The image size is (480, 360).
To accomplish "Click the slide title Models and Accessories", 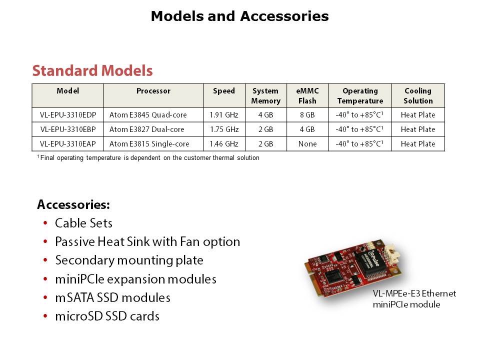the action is [239, 16].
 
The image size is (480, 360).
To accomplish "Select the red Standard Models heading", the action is [92, 70].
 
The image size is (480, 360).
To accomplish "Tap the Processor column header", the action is [153, 91].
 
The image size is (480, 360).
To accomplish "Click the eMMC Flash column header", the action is [307, 96].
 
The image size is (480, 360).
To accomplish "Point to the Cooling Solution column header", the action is [418, 96].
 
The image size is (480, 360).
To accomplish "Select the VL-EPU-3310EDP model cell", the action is [68, 115].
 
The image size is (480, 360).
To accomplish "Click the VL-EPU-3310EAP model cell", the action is [68, 144].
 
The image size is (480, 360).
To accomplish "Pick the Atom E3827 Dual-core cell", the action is [147, 129].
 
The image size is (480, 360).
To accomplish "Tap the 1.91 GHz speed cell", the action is [224, 115].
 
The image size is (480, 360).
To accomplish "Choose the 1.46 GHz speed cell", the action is [224, 144].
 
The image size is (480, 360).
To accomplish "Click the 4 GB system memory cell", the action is [265, 115].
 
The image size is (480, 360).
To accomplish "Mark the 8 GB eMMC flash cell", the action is [307, 115].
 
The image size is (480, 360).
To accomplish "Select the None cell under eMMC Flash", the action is [307, 144].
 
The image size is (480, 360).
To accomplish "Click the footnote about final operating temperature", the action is [148, 157].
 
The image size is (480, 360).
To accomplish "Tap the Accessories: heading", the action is [73, 204].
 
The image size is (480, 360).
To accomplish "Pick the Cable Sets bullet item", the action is [83, 223].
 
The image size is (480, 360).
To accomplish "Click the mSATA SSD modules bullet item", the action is [112, 297].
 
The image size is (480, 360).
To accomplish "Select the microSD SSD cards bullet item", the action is [107, 316].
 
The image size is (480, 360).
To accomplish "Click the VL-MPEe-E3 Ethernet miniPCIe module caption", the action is [414, 299].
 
